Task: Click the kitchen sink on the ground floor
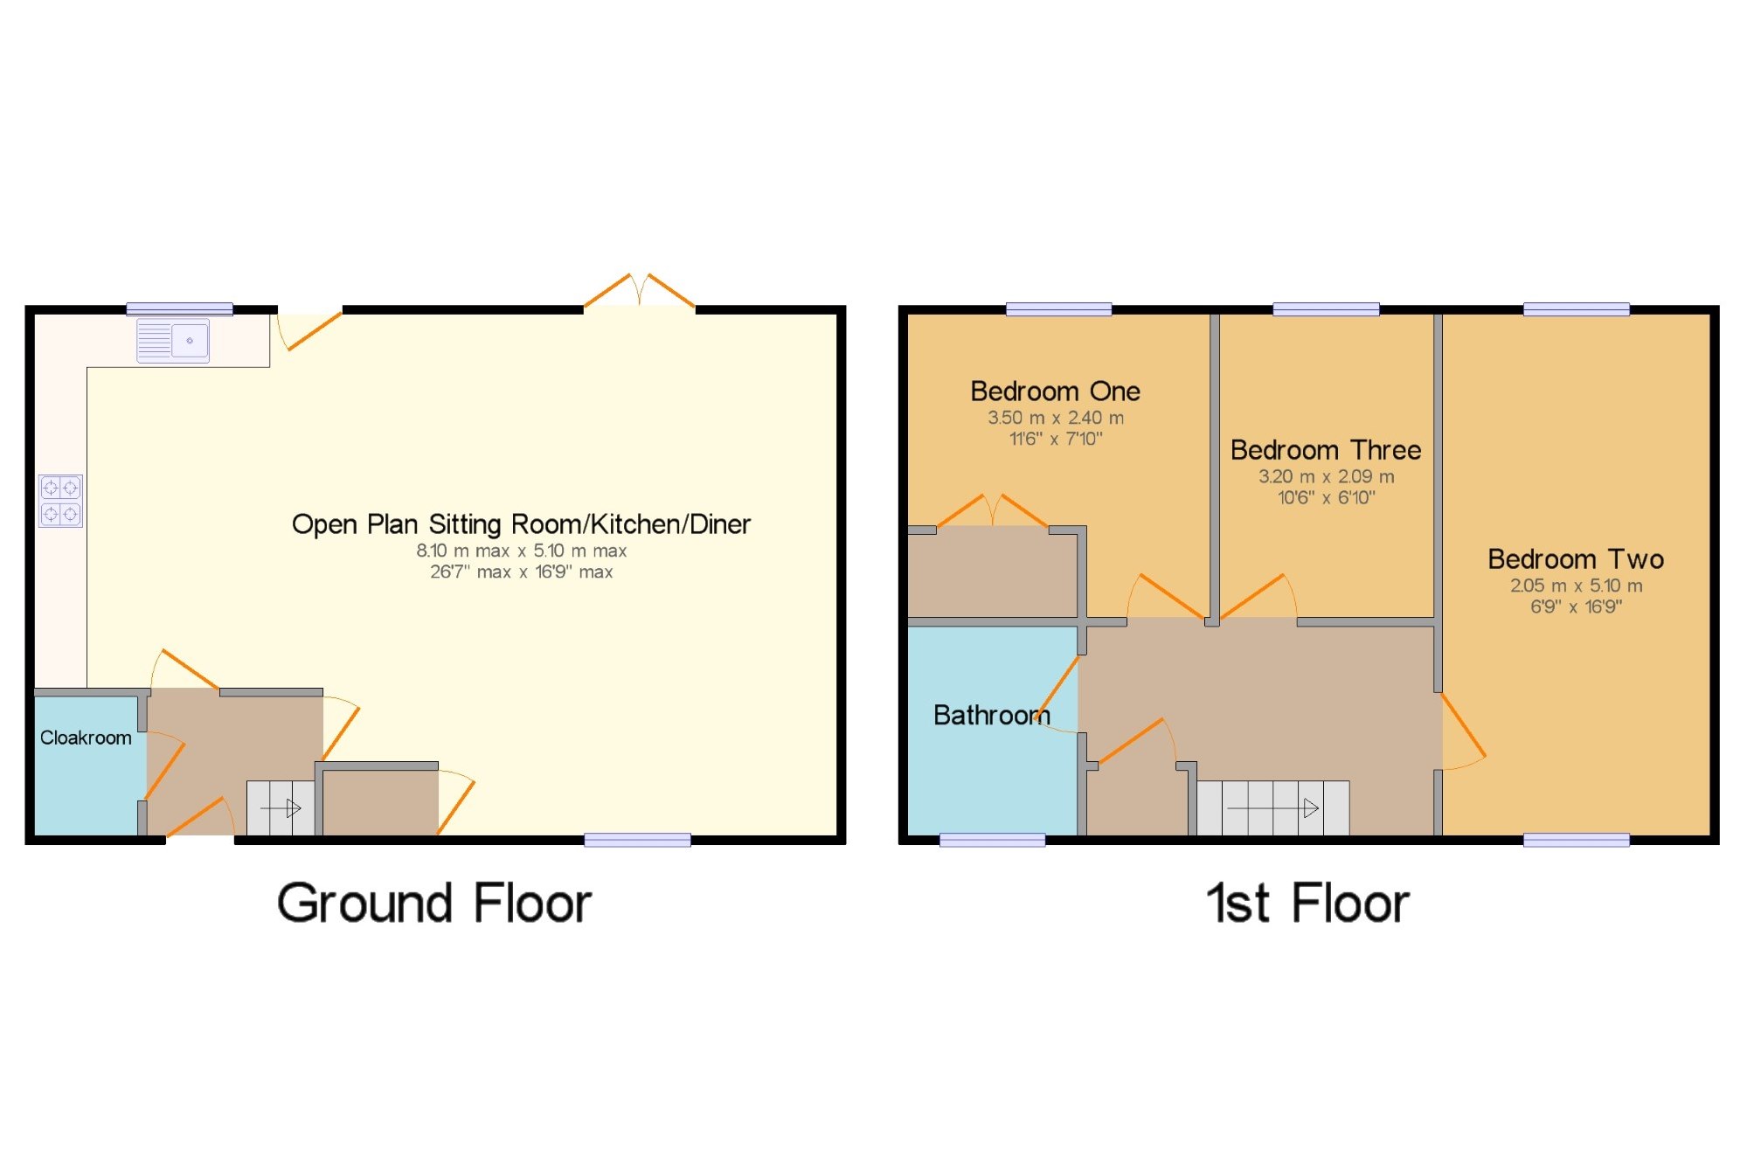(x=173, y=341)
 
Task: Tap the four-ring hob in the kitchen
(x=60, y=501)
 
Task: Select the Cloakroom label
(x=86, y=738)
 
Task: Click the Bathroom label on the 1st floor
(x=991, y=715)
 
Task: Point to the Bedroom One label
(x=1055, y=391)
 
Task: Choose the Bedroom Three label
(x=1325, y=450)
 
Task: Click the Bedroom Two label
(x=1575, y=559)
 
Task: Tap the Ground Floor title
(x=434, y=903)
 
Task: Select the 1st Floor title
(x=1307, y=903)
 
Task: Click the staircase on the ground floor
(x=281, y=807)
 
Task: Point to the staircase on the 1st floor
(x=1272, y=807)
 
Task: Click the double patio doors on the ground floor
(x=640, y=291)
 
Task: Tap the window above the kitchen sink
(x=179, y=308)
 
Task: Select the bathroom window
(x=992, y=840)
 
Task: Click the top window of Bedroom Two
(x=1576, y=308)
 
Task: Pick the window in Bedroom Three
(x=1326, y=308)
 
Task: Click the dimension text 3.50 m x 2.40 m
(x=1055, y=418)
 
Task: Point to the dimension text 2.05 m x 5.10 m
(x=1576, y=585)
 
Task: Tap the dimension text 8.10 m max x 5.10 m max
(x=521, y=551)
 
